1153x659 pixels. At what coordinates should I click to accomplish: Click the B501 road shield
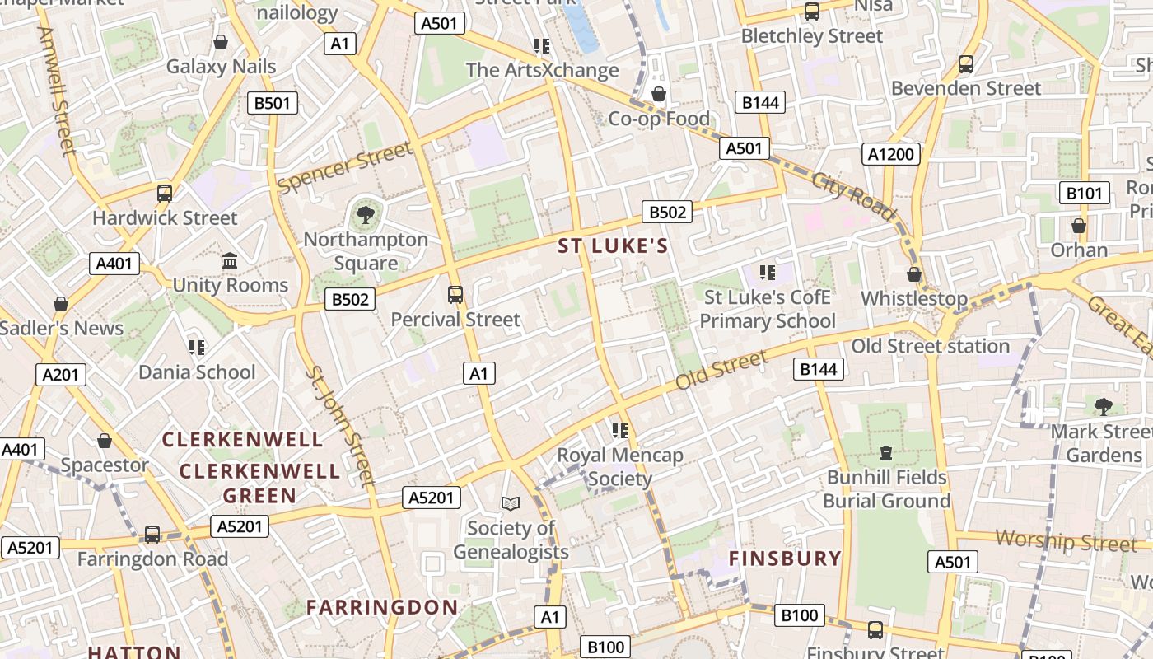[273, 103]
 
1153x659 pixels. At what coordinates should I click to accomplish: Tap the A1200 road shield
[891, 154]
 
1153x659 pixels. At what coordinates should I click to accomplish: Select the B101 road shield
[1084, 194]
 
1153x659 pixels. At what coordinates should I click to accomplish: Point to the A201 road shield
[61, 375]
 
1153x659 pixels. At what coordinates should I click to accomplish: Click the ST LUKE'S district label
[613, 246]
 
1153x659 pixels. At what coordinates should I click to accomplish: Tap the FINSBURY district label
[785, 559]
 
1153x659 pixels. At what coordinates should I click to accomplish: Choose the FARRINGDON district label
[382, 608]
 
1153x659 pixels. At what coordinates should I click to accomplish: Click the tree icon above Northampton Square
[365, 216]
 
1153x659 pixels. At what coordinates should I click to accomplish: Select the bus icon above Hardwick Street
[165, 194]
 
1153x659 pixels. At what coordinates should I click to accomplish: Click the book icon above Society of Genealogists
[511, 503]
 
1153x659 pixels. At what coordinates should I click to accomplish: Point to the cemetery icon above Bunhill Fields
[886, 452]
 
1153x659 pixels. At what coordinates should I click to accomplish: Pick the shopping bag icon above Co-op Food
[658, 95]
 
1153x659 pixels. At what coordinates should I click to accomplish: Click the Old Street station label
[930, 346]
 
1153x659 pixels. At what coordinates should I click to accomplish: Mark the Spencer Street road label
[344, 168]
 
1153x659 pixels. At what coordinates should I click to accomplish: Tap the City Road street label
[853, 196]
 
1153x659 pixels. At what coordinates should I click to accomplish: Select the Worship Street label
[1066, 541]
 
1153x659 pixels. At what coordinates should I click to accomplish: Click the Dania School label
[197, 372]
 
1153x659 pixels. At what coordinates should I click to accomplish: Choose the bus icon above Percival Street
[455, 294]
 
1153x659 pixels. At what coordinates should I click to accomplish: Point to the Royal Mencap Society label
[620, 466]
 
